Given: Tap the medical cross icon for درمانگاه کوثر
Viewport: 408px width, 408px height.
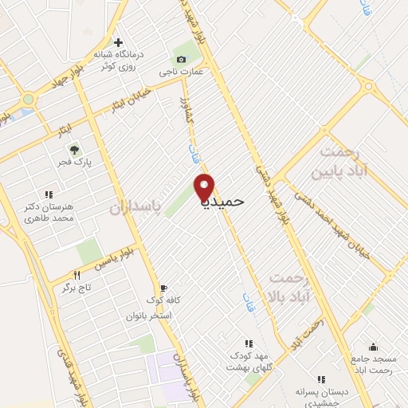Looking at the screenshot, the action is coord(118,42).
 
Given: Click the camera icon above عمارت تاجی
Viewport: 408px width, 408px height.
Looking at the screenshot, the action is coord(181,60).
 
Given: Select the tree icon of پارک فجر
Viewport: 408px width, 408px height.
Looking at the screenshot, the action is coord(74,149).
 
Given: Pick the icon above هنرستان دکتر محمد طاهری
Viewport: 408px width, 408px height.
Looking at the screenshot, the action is coord(49,194).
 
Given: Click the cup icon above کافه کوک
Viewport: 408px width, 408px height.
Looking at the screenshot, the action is coord(163,288).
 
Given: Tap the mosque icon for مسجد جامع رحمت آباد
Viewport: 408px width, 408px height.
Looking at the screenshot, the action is coord(374,347).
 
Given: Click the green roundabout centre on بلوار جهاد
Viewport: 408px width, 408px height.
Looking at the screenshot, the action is coord(29,100).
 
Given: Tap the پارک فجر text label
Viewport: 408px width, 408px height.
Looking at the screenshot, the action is coord(74,163).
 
